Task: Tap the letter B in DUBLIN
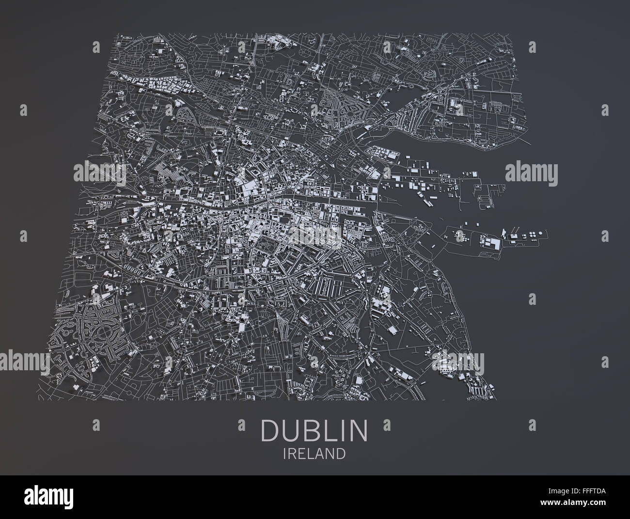point(311,430)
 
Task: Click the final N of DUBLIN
point(359,430)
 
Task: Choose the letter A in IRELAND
point(321,454)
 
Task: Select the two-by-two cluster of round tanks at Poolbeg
point(534,235)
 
